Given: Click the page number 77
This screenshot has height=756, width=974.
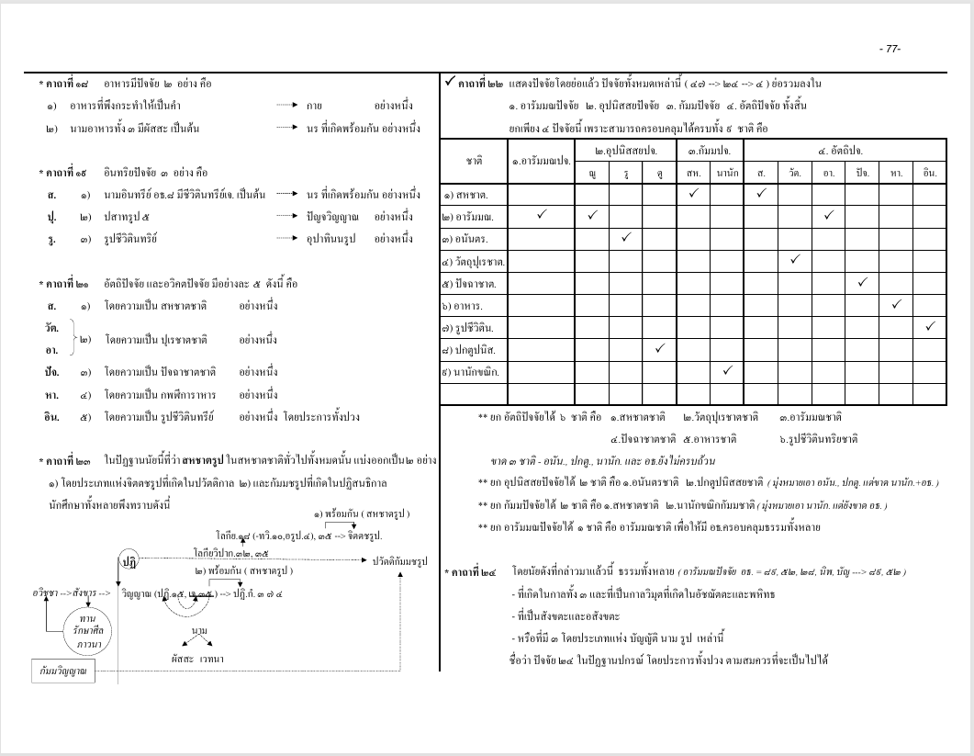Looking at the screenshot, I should [x=890, y=49].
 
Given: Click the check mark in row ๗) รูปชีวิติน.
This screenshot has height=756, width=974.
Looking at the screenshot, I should [x=930, y=325].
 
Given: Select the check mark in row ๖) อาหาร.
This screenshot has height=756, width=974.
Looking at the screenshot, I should [x=897, y=303].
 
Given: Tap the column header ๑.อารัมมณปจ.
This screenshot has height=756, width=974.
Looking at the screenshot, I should [x=541, y=161].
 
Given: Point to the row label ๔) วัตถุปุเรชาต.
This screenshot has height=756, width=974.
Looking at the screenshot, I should [x=476, y=260].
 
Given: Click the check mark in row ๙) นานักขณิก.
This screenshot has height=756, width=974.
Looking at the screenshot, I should [x=726, y=370].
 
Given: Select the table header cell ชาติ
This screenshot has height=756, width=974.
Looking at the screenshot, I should [x=475, y=160].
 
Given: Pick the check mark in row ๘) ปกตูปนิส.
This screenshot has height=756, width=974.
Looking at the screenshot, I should [x=658, y=348].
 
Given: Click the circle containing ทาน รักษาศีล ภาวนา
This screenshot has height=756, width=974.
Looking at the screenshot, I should [x=89, y=631].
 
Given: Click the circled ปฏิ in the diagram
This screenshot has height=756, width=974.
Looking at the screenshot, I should [x=129, y=560].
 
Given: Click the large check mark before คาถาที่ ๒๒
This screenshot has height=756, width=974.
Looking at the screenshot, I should [x=448, y=83].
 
